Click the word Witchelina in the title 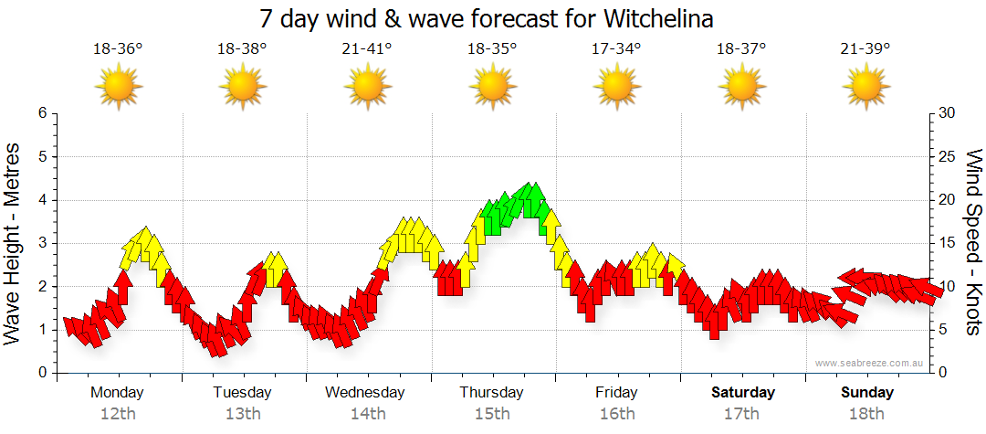coord(658,18)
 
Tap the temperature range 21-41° coord(367,49)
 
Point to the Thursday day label coord(491,392)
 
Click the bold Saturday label coord(743,392)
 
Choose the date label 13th coord(242,413)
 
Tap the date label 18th coord(866,413)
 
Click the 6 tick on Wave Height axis coord(41,113)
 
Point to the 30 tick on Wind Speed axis coord(947,113)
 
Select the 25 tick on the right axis coord(947,156)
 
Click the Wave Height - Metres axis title coord(14,242)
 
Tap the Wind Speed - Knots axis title coord(972,242)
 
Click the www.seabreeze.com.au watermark coord(871,363)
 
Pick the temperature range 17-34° coord(616,49)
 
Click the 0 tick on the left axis coord(41,373)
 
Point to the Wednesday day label coord(365,392)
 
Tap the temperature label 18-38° coord(242,49)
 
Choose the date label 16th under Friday coord(617,413)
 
